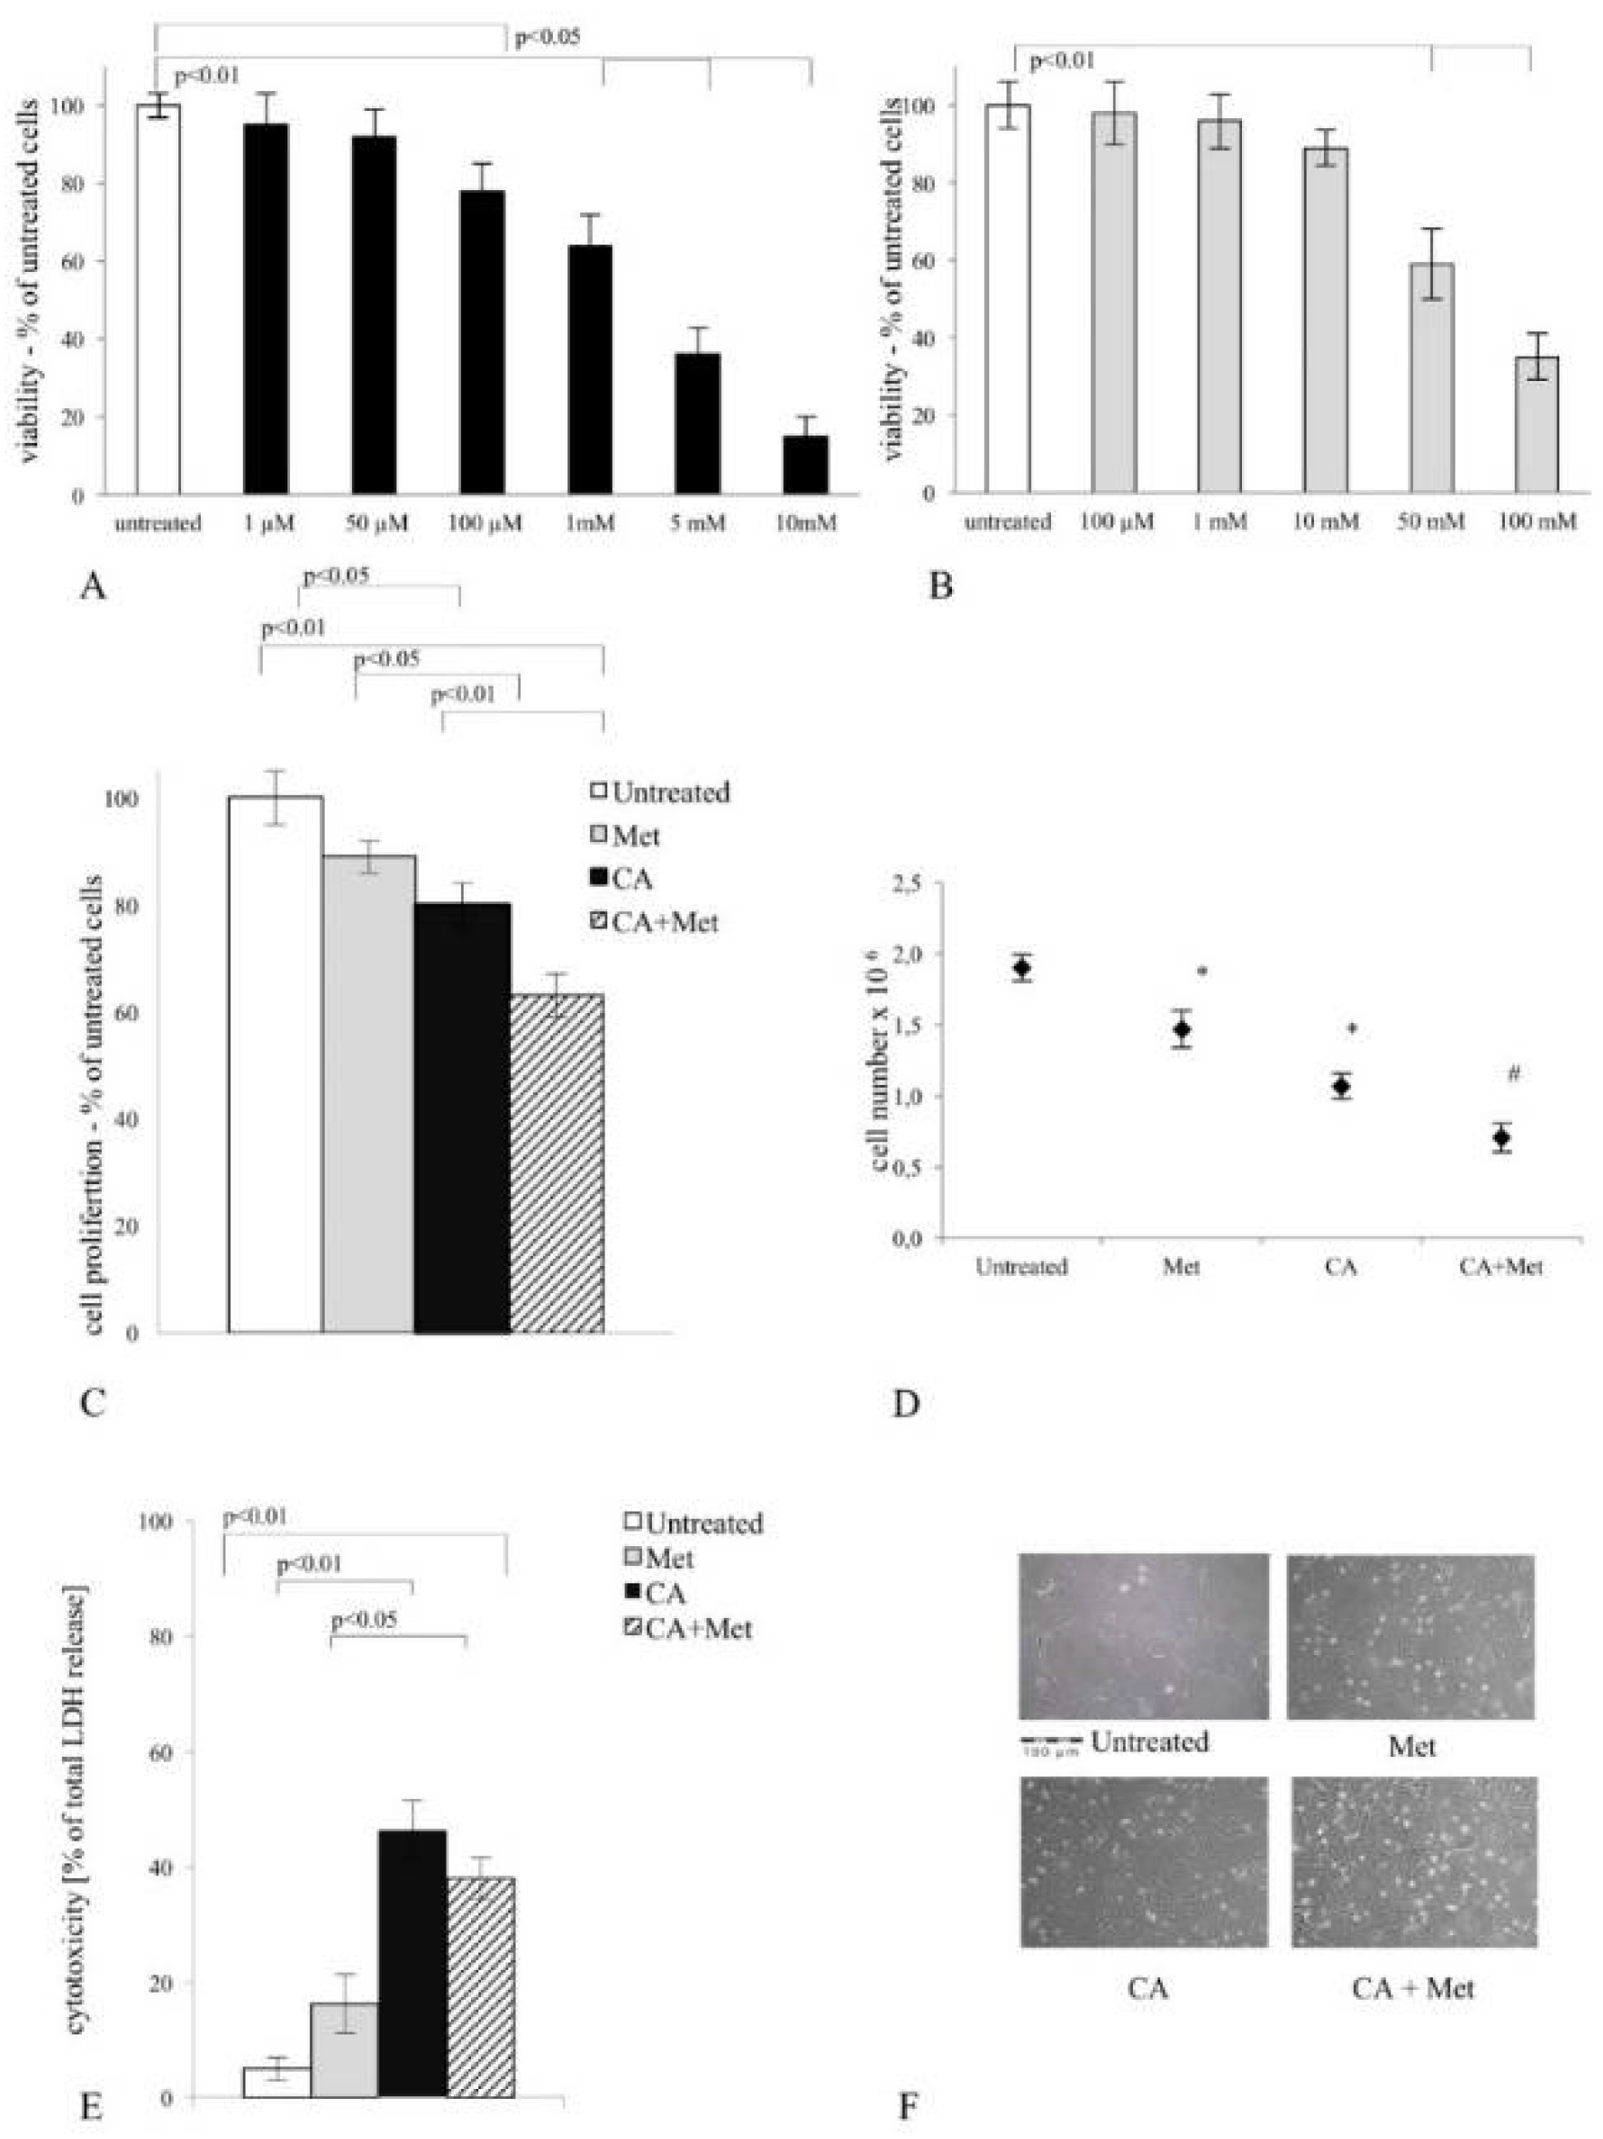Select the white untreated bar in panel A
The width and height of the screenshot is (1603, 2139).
point(157,300)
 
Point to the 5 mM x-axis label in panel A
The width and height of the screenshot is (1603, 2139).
point(697,524)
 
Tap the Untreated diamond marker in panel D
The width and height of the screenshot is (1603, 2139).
point(1021,968)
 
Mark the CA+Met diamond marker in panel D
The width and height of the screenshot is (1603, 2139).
point(1500,1138)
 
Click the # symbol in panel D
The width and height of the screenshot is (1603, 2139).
point(1513,1072)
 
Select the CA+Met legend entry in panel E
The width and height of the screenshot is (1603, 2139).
point(687,1630)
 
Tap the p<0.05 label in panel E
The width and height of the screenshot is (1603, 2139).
point(364,1619)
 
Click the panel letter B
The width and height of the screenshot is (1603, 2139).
point(940,585)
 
